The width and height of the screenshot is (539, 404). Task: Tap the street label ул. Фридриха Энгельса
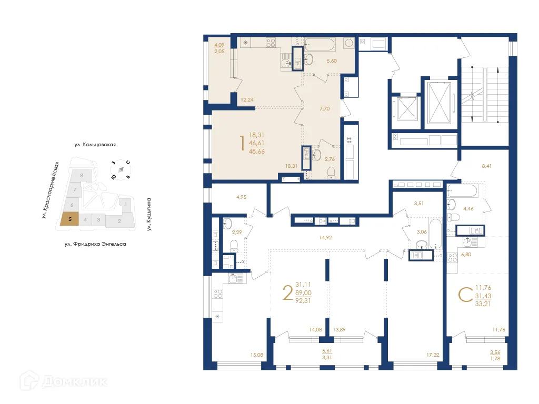pos(95,244)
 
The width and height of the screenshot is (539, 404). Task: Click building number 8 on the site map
pos(82,175)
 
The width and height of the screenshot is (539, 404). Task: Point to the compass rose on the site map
pos(121,169)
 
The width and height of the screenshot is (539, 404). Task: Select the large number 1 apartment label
pos(242,143)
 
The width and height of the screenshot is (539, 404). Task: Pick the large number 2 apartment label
pos(287,292)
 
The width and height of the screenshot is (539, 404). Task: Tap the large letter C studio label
pos(464,295)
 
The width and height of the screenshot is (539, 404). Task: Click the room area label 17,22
pos(433,355)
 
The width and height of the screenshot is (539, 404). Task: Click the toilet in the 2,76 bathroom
pos(331,173)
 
